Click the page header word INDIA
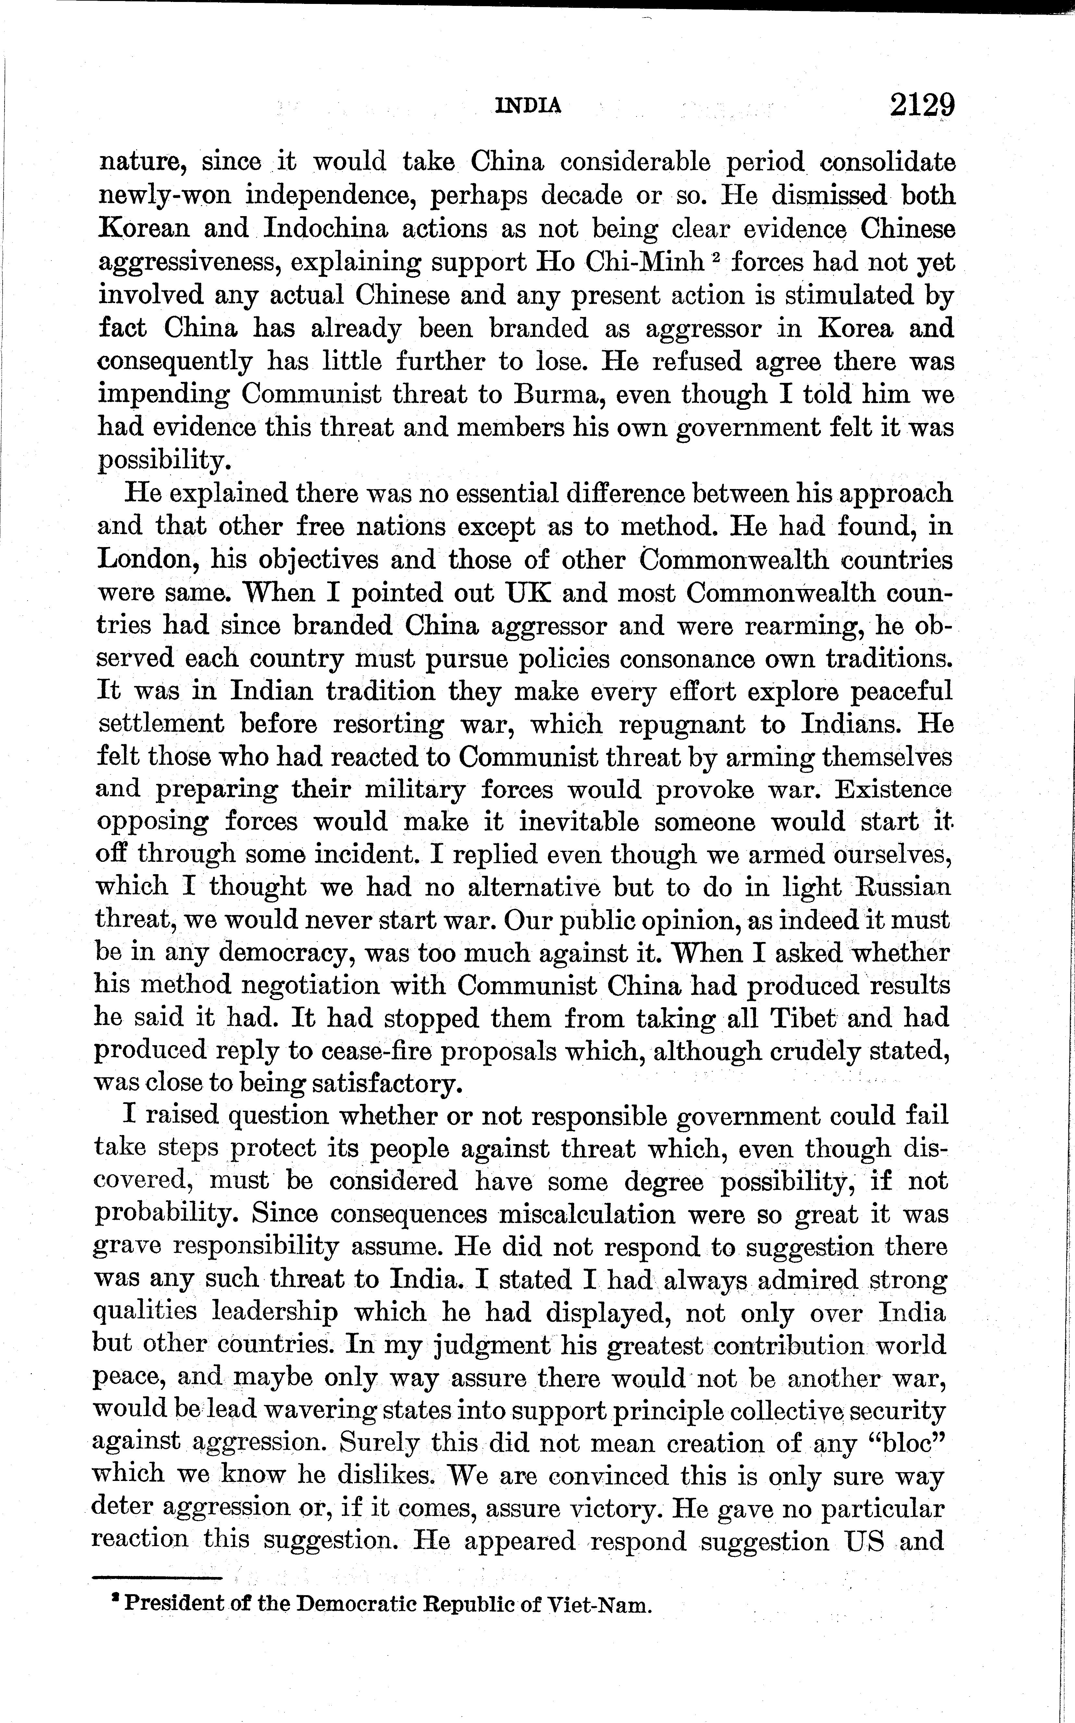527,106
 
